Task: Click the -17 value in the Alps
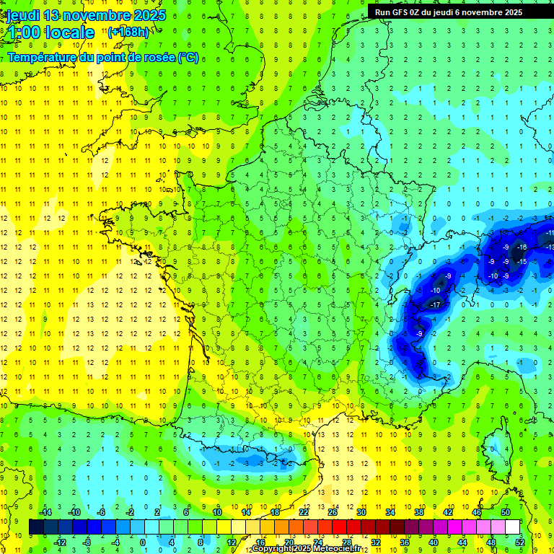coord(435,305)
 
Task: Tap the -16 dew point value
coord(522,247)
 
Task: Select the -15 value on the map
coord(522,262)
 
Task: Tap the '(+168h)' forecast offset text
coord(129,32)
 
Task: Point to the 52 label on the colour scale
coord(520,542)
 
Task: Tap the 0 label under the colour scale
coord(143,542)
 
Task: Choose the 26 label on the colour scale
coord(333,512)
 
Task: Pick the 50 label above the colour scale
coord(505,512)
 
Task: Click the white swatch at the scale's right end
coord(512,527)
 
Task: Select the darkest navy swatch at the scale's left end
coord(36,527)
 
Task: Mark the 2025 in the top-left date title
coord(146,15)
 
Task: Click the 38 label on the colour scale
coord(419,512)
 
